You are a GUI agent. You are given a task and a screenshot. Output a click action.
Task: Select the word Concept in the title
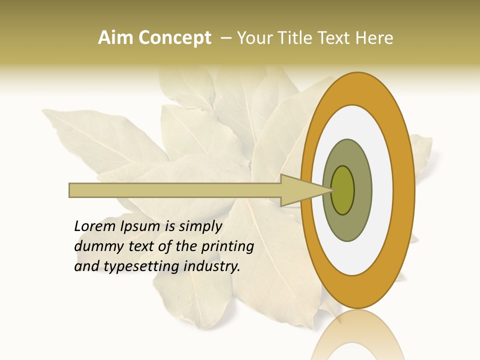(174, 38)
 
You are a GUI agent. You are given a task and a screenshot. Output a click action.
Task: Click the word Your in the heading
(254, 38)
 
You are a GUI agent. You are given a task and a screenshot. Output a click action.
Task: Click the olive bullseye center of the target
(342, 190)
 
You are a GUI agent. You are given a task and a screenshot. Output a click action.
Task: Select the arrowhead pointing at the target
(300, 190)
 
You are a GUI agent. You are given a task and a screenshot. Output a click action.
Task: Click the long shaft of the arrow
(175, 190)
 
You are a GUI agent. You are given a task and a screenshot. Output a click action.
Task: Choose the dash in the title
(225, 38)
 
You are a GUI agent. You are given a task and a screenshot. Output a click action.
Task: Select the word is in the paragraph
(170, 226)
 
